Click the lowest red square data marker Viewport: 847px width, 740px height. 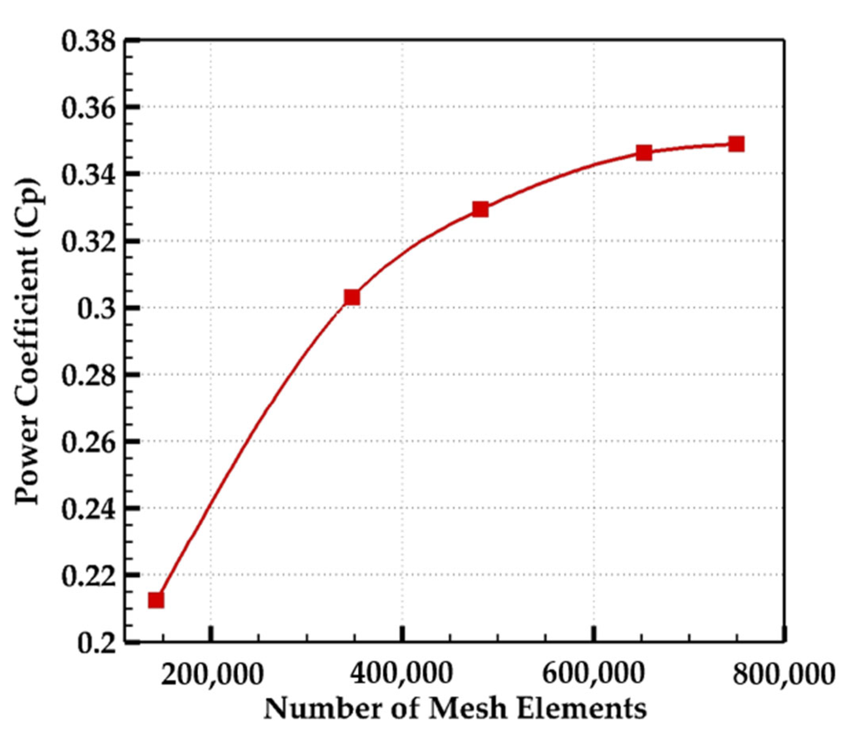(x=156, y=600)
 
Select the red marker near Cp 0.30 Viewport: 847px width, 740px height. (x=352, y=297)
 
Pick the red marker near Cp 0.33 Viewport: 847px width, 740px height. (x=480, y=209)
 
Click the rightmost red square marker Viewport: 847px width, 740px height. (x=736, y=144)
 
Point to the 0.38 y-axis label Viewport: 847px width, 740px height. (x=88, y=42)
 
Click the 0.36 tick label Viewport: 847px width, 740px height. (x=88, y=109)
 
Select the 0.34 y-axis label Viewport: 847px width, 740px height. (x=88, y=175)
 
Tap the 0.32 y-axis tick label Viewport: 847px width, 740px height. (x=88, y=242)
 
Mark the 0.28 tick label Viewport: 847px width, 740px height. (x=88, y=375)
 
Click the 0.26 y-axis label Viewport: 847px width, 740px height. (x=88, y=442)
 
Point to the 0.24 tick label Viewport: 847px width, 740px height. (x=88, y=509)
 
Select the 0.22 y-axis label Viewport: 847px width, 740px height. (x=88, y=576)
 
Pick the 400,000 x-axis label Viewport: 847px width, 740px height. (x=402, y=673)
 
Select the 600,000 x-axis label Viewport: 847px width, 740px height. (x=594, y=673)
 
